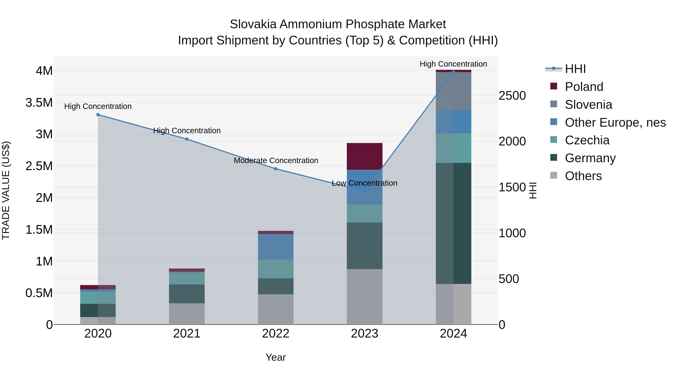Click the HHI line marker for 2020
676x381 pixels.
click(x=98, y=115)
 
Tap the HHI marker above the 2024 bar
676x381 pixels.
click(x=453, y=72)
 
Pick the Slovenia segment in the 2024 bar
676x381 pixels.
click(x=453, y=91)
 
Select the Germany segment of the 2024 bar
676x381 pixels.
click(x=453, y=224)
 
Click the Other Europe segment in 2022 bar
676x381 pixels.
click(x=275, y=247)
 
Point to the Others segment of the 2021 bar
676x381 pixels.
click(x=187, y=314)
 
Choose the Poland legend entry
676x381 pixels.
click(x=584, y=87)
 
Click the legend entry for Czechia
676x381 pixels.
click(x=587, y=140)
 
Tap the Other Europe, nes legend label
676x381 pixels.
click(x=615, y=122)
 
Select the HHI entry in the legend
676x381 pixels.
click(x=575, y=69)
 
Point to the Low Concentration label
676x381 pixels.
click(x=364, y=183)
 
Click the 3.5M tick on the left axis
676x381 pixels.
click(x=39, y=103)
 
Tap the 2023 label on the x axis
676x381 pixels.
click(x=364, y=334)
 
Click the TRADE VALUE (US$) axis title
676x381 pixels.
click(x=6, y=190)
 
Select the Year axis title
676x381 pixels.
click(x=275, y=357)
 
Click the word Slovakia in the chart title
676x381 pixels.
click(x=253, y=24)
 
